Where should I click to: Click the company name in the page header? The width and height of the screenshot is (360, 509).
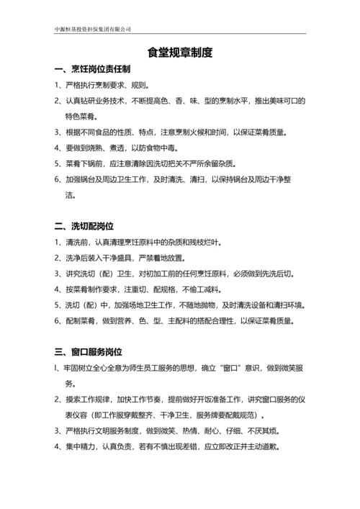pyautogui.click(x=93, y=29)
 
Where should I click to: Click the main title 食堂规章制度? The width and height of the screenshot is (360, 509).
pyautogui.click(x=180, y=53)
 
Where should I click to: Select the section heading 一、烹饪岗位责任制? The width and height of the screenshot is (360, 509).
pyautogui.click(x=92, y=70)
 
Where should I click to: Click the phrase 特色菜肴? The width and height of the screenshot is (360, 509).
pyautogui.click(x=81, y=116)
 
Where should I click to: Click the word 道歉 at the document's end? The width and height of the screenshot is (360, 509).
pyautogui.click(x=267, y=446)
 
